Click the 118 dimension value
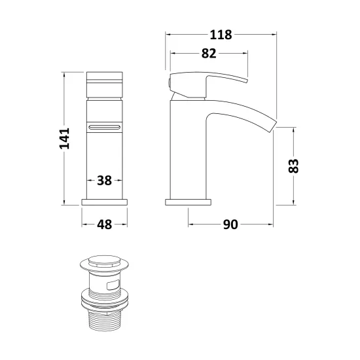[x=221, y=35]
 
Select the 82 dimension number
[x=209, y=54]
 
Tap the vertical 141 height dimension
[x=64, y=139]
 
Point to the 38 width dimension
[x=104, y=181]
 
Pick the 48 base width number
[x=105, y=225]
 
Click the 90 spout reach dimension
[x=230, y=225]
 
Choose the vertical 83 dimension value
[x=293, y=166]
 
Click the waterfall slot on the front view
[x=105, y=127]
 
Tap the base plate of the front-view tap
[x=105, y=202]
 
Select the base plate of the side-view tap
[x=188, y=202]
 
